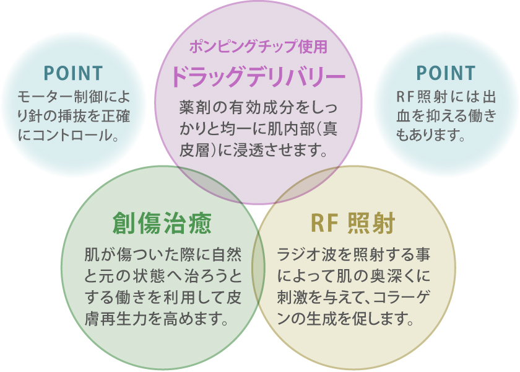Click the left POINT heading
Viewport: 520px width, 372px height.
73,73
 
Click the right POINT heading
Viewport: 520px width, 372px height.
446,73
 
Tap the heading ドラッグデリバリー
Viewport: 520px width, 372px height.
258,77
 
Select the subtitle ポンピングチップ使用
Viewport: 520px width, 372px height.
258,47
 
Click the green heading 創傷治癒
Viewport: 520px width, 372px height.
162,223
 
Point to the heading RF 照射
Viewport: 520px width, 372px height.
353,223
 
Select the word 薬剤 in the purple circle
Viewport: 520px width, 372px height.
193,108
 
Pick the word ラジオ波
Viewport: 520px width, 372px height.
305,255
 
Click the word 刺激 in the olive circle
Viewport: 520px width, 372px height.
291,298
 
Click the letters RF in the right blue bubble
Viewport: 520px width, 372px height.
404,97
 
